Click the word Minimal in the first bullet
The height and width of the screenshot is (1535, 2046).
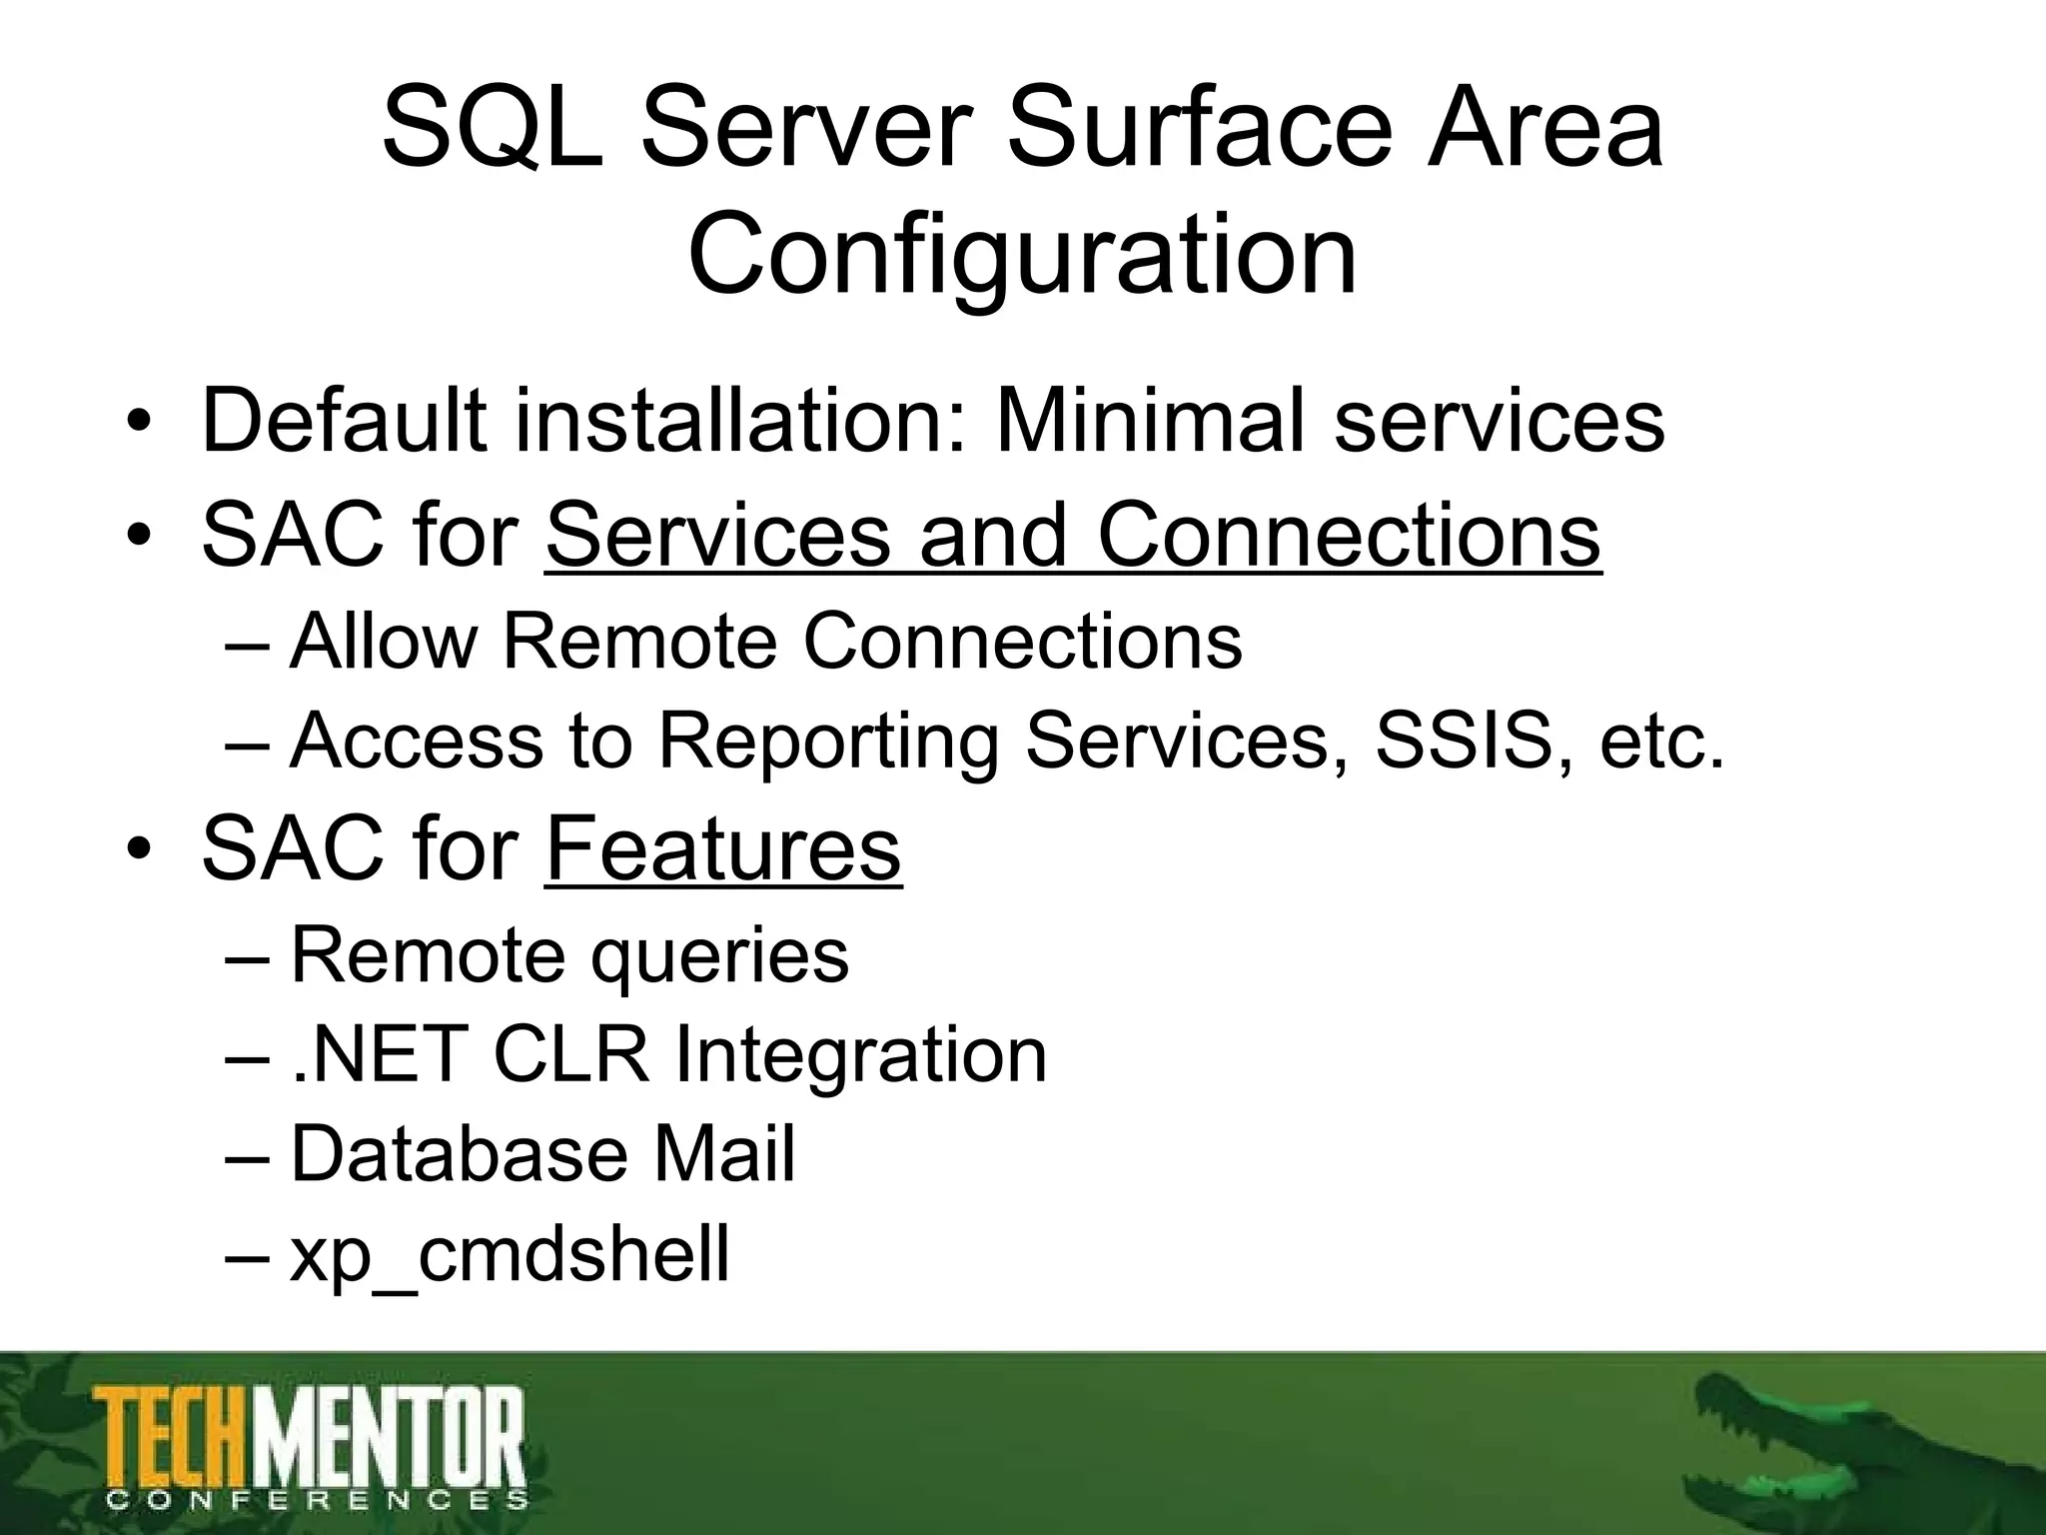tap(1150, 421)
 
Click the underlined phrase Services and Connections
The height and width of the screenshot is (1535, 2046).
tap(1073, 536)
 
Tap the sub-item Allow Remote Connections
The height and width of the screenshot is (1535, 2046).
tap(765, 641)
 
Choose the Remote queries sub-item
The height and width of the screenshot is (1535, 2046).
tap(569, 955)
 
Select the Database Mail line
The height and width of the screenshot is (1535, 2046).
tap(542, 1154)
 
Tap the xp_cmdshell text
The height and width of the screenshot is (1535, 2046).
tap(510, 1255)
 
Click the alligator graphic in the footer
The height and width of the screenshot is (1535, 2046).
tap(1858, 1449)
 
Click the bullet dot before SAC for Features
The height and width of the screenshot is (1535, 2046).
tap(139, 850)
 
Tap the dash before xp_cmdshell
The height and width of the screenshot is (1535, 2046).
tap(248, 1256)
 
